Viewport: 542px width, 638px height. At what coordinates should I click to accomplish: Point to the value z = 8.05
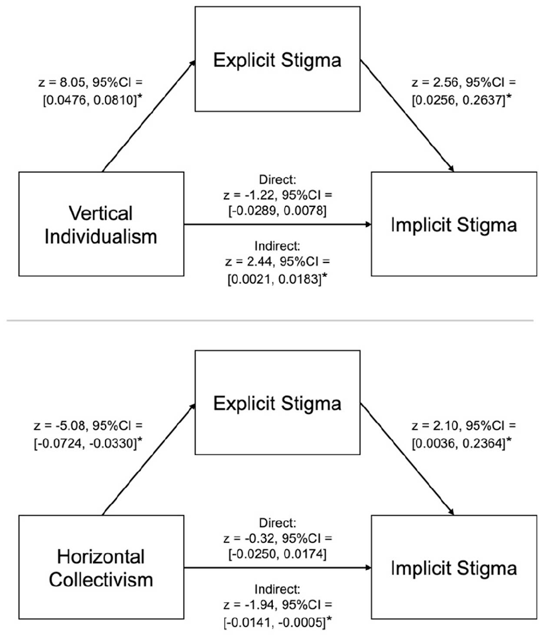click(x=63, y=82)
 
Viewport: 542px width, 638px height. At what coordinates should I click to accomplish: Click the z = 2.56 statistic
click(x=436, y=82)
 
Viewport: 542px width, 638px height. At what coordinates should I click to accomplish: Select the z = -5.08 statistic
click(x=60, y=426)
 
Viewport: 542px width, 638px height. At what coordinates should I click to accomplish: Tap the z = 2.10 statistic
click(x=436, y=426)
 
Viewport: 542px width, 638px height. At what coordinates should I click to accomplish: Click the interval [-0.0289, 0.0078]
click(x=277, y=211)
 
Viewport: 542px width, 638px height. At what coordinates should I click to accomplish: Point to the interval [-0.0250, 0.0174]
click(x=277, y=554)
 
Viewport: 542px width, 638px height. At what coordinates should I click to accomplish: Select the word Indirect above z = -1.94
click(x=277, y=589)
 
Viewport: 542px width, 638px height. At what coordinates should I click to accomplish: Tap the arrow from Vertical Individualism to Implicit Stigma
click(x=278, y=224)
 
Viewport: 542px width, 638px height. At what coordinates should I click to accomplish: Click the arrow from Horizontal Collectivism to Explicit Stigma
click(x=149, y=459)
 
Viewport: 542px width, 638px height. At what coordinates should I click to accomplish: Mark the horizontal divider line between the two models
click(x=270, y=321)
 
